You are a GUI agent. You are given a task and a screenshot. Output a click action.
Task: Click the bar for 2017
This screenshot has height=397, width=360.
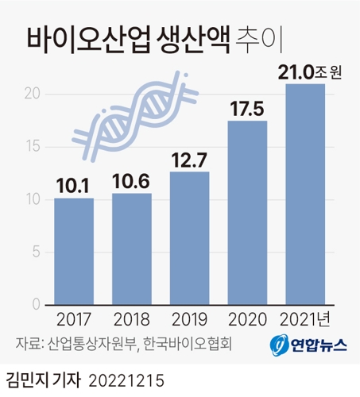click(x=74, y=251)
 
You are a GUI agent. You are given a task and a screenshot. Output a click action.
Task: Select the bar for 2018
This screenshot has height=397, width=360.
click(x=132, y=249)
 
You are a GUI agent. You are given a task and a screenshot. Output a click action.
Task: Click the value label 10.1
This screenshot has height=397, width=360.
click(x=74, y=187)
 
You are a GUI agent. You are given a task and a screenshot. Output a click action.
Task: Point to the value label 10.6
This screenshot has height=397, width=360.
click(x=132, y=183)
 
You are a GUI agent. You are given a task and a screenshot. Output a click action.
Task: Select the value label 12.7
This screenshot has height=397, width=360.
click(x=190, y=161)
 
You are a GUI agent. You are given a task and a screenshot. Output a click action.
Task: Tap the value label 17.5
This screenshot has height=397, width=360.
click(x=248, y=110)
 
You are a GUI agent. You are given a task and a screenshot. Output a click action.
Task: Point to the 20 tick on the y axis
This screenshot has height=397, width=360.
click(x=32, y=94)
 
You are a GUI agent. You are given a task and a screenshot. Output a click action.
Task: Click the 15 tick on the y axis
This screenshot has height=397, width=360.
click(x=32, y=147)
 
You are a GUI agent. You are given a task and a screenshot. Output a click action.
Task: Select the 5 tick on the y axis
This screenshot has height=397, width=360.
click(x=36, y=252)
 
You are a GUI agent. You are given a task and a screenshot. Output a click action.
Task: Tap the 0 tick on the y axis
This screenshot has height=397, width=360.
click(x=36, y=305)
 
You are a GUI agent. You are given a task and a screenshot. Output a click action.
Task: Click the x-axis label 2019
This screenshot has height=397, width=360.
click(x=190, y=321)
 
